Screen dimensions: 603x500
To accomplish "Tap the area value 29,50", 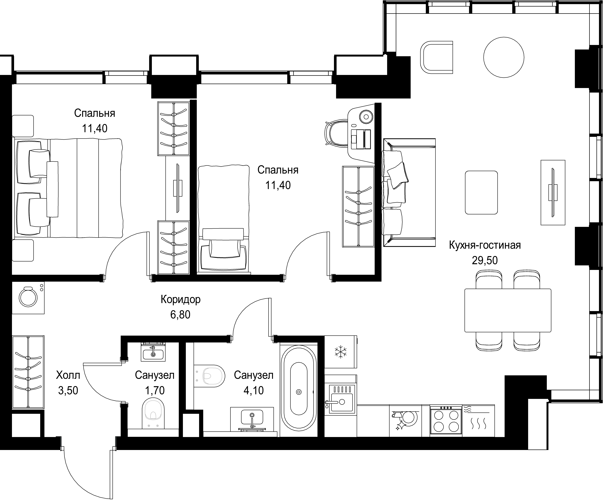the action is pyautogui.click(x=485, y=260).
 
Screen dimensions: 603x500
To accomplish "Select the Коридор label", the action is pyautogui.click(x=181, y=300).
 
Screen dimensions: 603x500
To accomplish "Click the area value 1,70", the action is pyautogui.click(x=155, y=391).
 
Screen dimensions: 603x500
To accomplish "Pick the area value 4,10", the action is pyautogui.click(x=254, y=391).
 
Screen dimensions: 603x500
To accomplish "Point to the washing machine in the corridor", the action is pyautogui.click(x=28, y=298).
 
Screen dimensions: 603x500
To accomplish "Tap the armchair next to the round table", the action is pyautogui.click(x=436, y=57).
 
